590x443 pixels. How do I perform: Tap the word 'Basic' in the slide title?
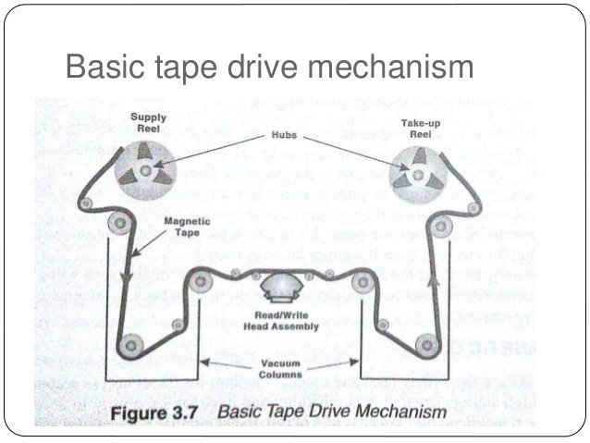(104, 67)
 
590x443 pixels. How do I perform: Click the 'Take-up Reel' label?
(419, 128)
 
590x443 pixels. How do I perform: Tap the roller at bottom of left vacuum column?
(134, 345)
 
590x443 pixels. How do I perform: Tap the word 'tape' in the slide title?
(179, 67)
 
